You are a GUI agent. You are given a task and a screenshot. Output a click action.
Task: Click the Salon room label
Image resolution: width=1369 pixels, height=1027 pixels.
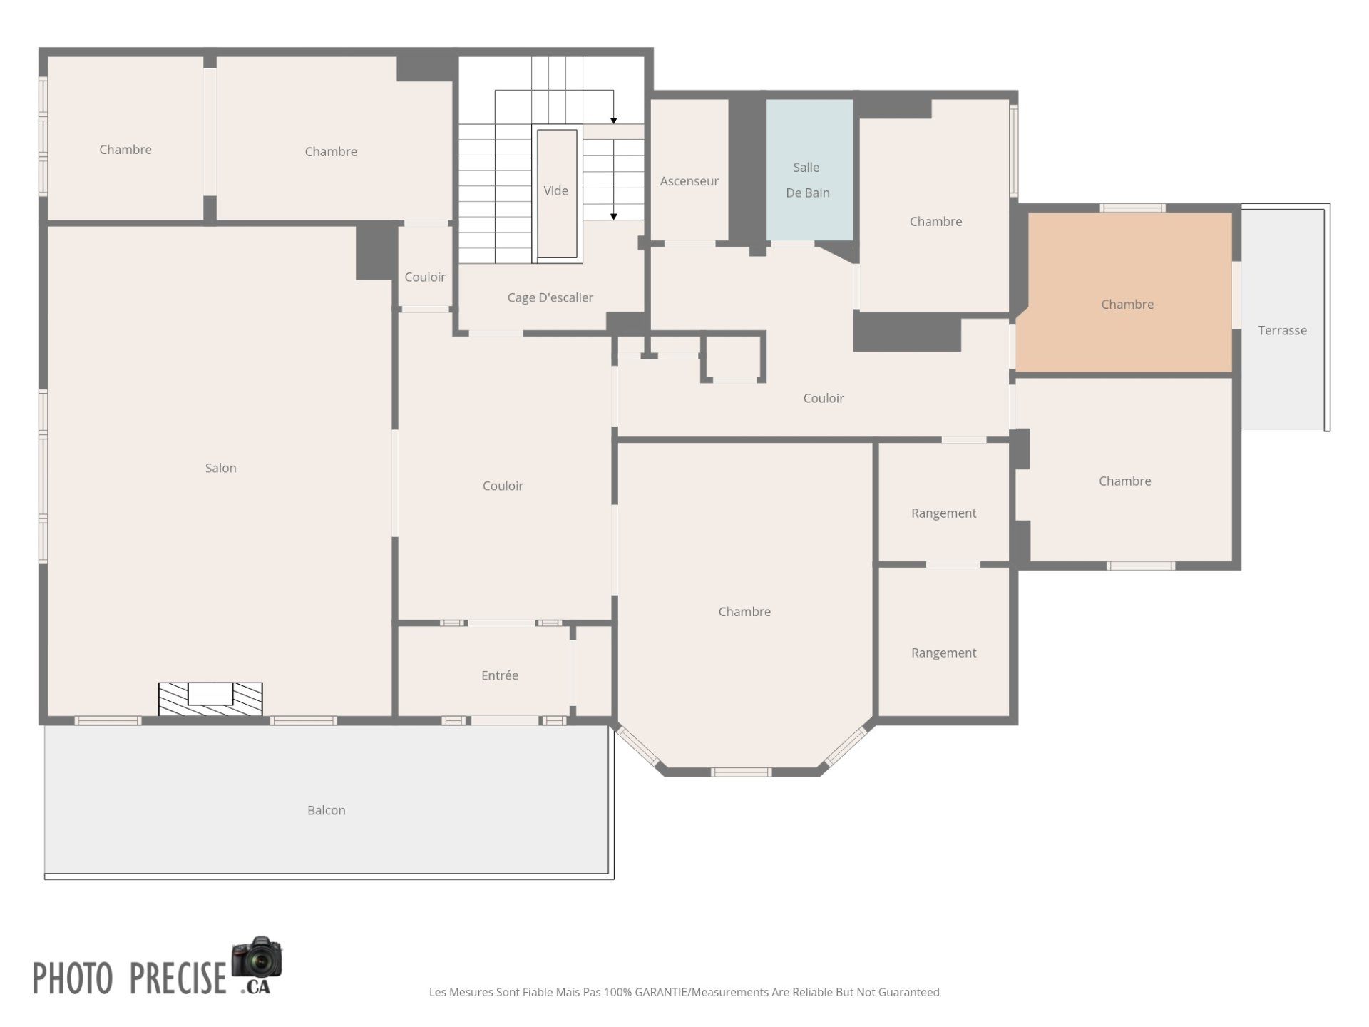click(220, 468)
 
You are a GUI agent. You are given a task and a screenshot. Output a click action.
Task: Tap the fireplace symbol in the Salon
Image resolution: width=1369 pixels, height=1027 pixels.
click(210, 699)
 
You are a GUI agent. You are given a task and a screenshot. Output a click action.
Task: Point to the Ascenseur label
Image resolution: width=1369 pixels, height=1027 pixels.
click(689, 181)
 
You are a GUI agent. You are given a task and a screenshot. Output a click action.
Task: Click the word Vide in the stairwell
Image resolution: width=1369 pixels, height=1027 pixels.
click(555, 190)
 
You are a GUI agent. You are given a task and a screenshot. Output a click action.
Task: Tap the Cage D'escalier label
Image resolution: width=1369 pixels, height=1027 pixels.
click(550, 297)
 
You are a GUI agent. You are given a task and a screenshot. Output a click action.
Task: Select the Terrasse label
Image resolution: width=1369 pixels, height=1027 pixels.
click(1282, 330)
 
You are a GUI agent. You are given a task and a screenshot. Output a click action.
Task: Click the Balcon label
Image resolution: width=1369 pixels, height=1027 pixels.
click(326, 810)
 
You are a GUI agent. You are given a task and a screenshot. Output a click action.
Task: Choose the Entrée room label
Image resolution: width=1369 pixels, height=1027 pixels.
click(499, 675)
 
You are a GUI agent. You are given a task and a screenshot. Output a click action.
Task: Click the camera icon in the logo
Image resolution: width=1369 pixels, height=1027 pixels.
click(257, 957)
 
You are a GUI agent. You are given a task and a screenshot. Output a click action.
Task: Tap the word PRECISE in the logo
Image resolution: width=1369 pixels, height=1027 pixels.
click(178, 978)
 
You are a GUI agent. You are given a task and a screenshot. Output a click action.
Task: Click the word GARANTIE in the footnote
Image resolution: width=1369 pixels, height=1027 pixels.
click(661, 992)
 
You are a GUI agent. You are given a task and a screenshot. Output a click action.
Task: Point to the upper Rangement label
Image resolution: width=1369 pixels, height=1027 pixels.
click(943, 513)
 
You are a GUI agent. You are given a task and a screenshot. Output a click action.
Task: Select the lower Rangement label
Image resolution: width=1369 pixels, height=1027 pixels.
click(943, 653)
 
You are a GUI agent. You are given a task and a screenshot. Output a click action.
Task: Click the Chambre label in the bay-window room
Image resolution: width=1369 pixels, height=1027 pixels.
click(744, 611)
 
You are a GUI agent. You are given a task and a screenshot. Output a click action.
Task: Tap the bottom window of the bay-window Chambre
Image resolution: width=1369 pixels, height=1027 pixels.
click(741, 772)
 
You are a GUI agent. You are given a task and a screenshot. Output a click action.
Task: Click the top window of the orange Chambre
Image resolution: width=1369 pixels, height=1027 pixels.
click(1132, 208)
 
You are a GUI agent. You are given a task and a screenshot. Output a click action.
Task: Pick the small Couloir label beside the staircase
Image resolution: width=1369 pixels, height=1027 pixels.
click(425, 277)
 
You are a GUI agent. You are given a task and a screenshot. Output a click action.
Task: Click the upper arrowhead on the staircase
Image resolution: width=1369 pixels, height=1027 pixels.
click(613, 121)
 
